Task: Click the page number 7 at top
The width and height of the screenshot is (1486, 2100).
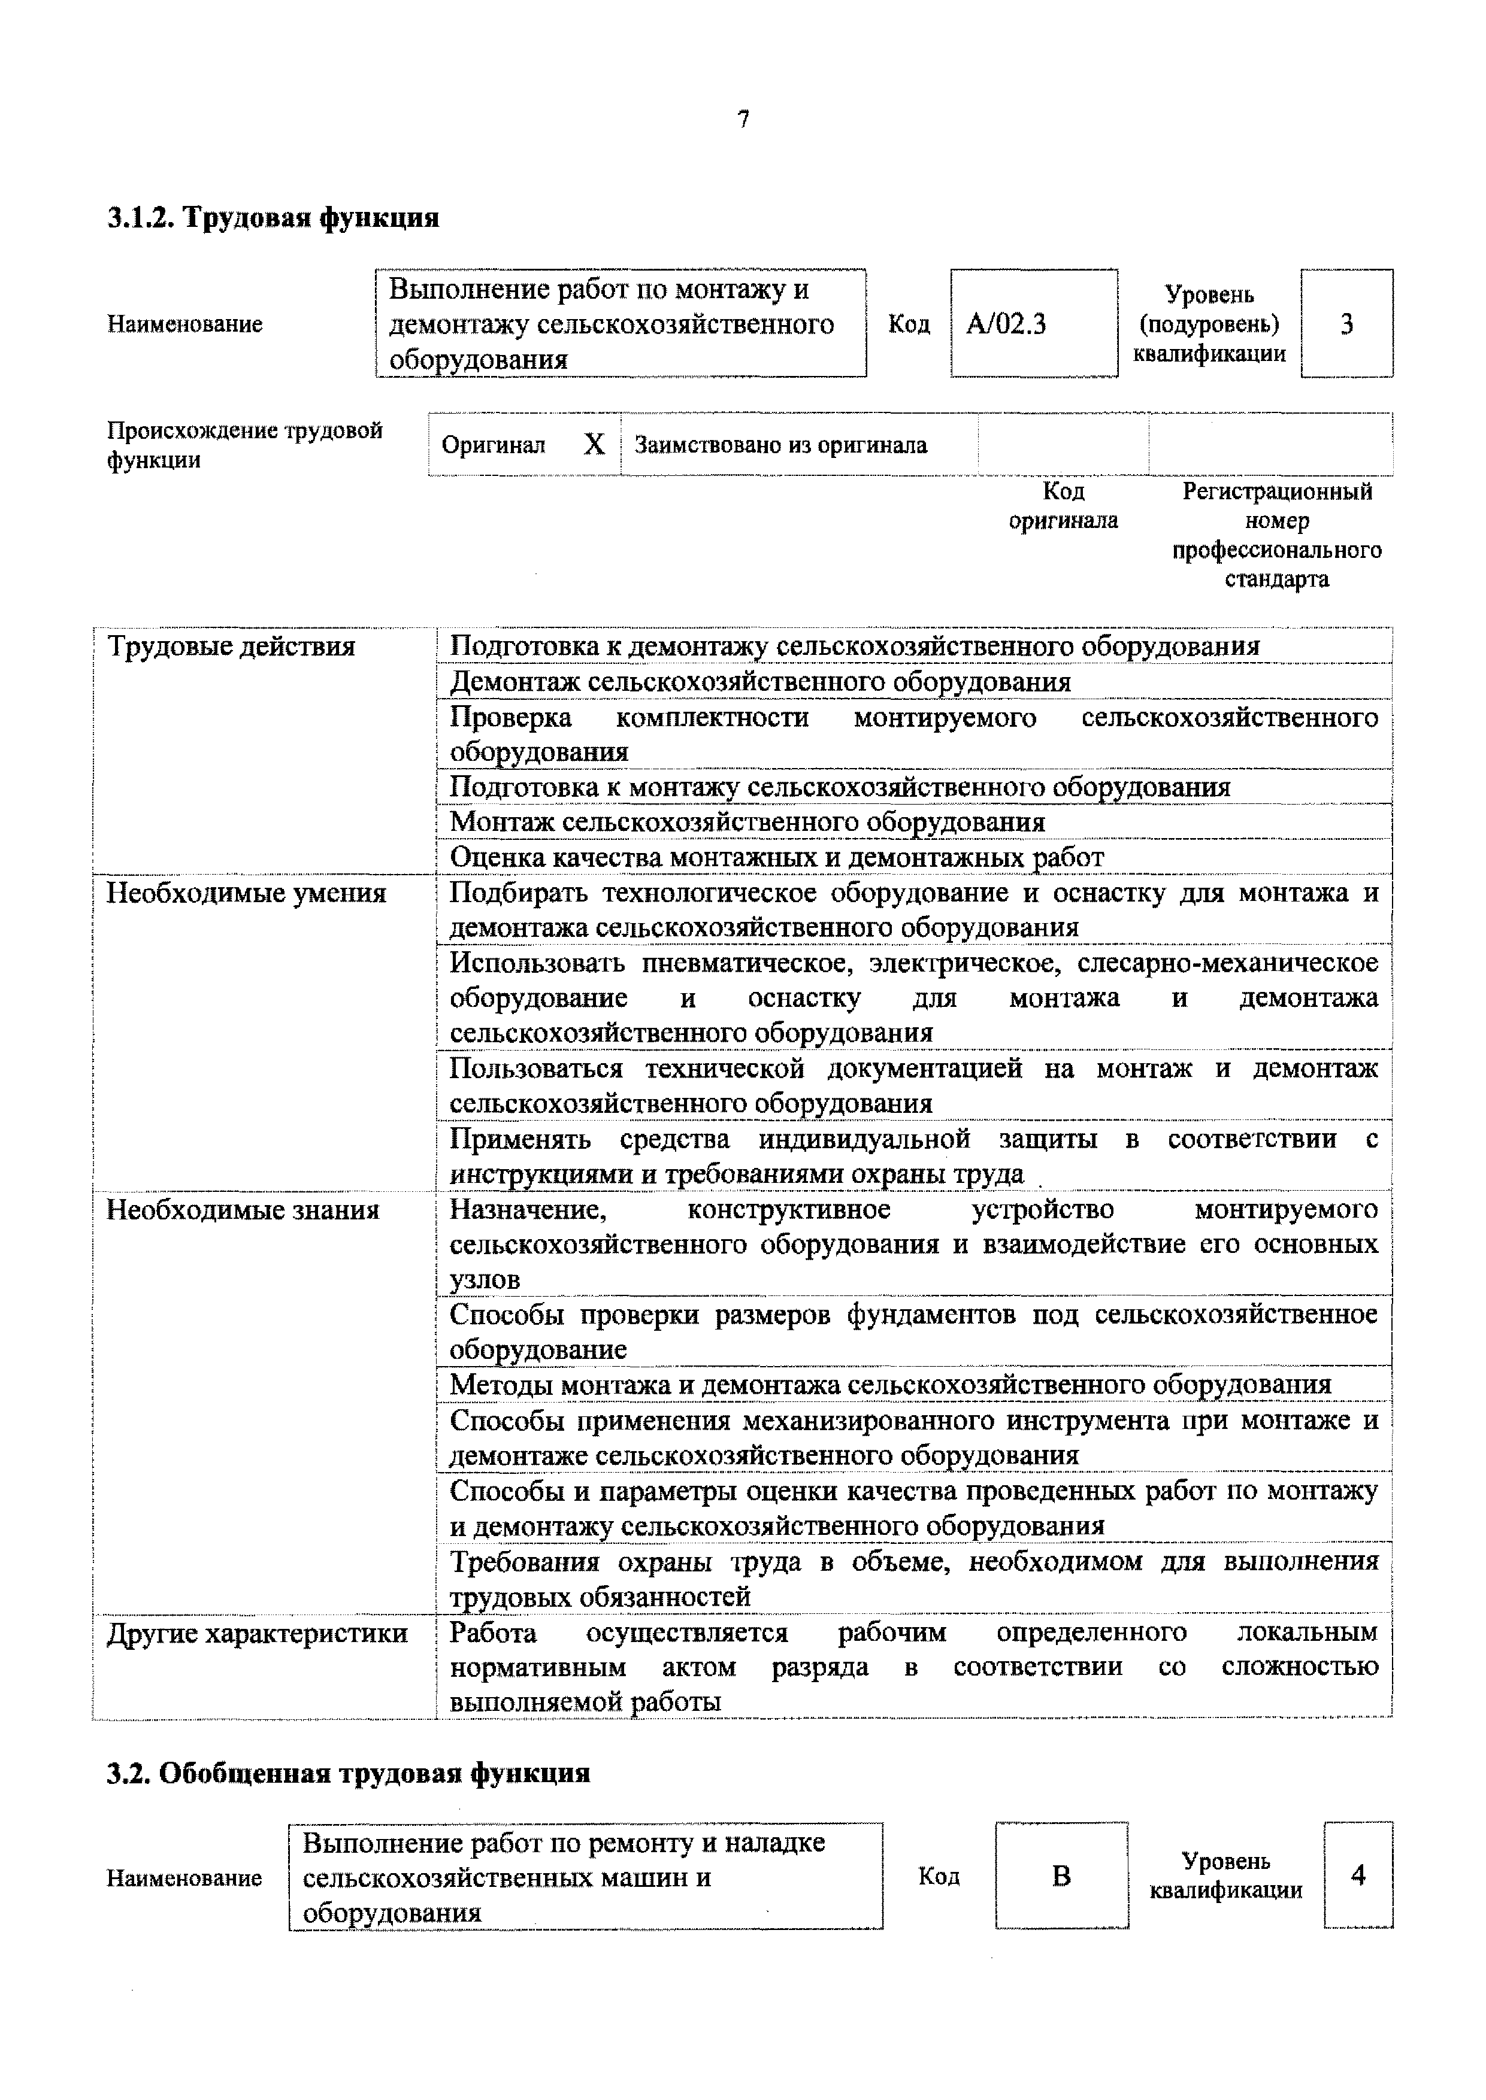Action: tap(743, 119)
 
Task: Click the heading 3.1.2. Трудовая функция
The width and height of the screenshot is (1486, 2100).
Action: tap(273, 218)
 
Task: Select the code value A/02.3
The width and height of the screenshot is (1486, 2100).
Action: tap(1006, 324)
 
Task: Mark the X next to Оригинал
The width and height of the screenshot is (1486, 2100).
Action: tap(594, 445)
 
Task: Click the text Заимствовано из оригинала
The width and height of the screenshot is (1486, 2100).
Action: tap(780, 445)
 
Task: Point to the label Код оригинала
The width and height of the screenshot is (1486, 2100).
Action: tap(1063, 506)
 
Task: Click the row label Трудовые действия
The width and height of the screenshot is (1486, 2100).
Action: tap(231, 647)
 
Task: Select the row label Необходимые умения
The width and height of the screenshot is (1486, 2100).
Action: tap(246, 893)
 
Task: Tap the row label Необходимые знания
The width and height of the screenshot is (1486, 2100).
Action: tap(243, 1210)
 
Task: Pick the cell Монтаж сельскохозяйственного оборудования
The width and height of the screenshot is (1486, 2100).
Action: tap(747, 823)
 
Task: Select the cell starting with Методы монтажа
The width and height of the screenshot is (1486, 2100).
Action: tap(890, 1385)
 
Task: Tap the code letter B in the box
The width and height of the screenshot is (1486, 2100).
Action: tap(1061, 1877)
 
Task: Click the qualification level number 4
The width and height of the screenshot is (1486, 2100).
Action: tap(1358, 1876)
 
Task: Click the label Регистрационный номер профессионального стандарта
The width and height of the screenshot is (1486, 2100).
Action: tap(1278, 535)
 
